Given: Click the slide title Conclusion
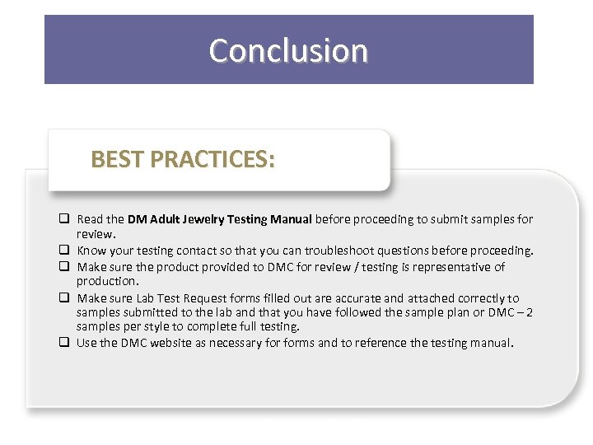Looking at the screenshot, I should (x=288, y=51).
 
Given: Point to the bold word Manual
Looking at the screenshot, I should (x=290, y=219).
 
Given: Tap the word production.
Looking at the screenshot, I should (x=107, y=282).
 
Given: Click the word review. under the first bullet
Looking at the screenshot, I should (x=94, y=234).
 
